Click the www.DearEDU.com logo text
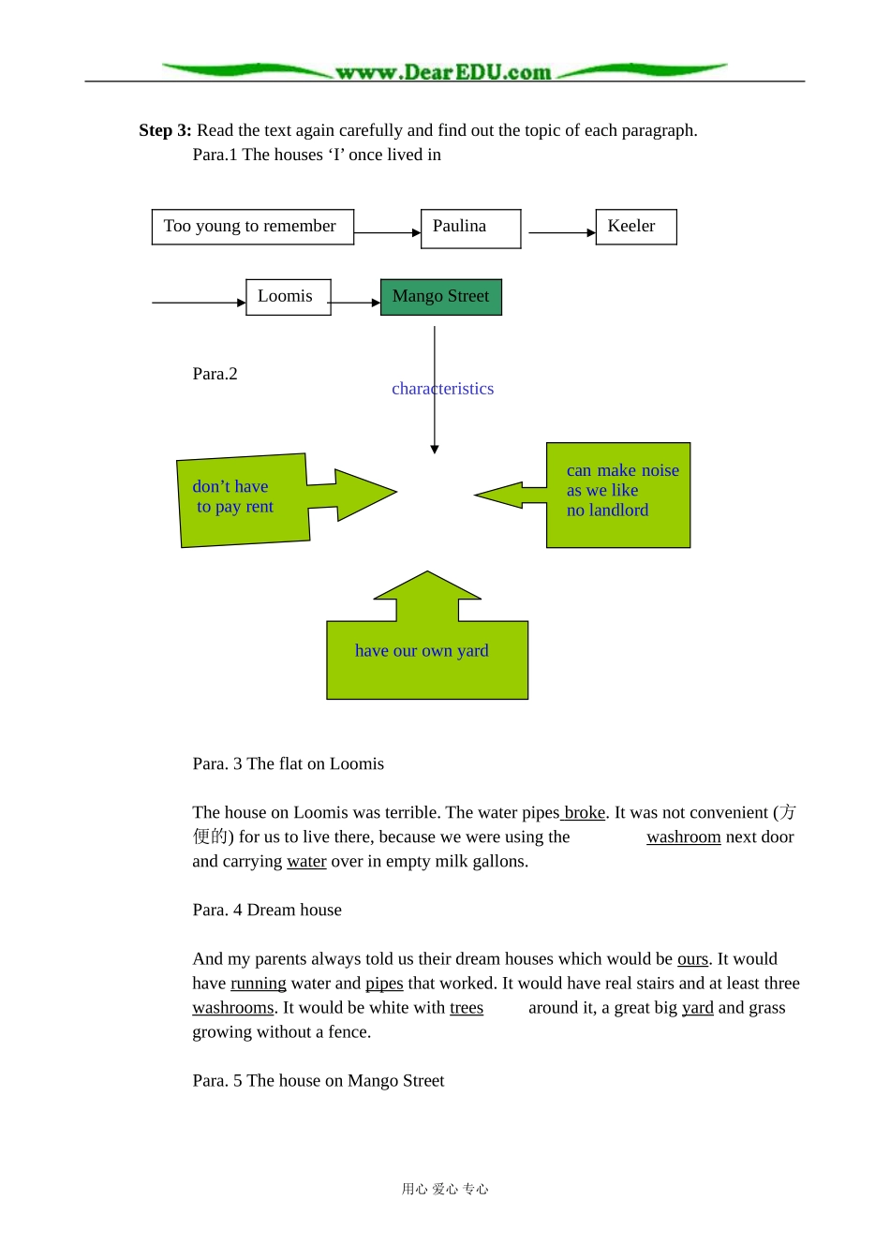tap(443, 72)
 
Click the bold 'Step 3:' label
tap(165, 130)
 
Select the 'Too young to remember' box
tap(253, 227)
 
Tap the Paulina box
tap(471, 229)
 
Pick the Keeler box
tap(636, 227)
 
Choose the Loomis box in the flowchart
tap(289, 297)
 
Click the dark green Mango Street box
tap(441, 297)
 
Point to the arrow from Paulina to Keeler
tap(562, 232)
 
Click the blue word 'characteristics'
tap(443, 389)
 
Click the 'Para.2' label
tap(215, 374)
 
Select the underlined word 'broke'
tap(585, 813)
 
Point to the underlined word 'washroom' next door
tap(684, 837)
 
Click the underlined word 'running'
tap(259, 983)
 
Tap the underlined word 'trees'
tap(467, 1008)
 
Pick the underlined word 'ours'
tap(692, 959)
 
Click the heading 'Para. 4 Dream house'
tap(267, 910)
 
